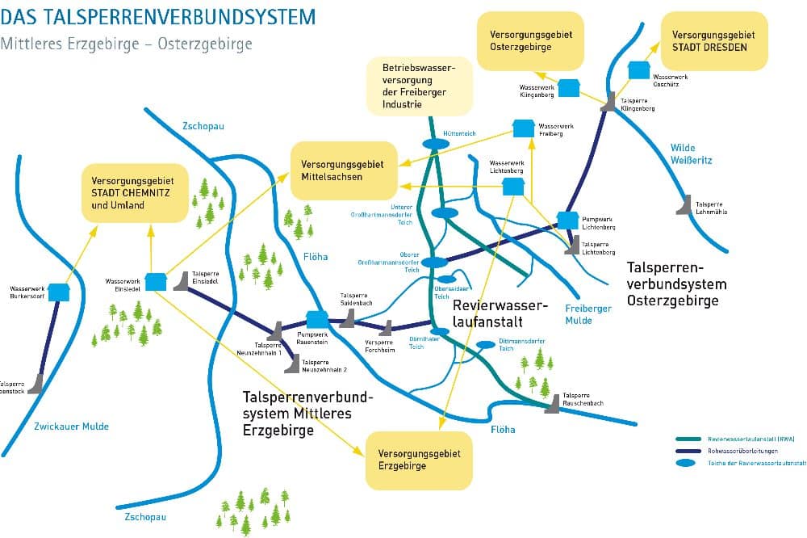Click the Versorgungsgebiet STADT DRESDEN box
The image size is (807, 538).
pyautogui.click(x=714, y=41)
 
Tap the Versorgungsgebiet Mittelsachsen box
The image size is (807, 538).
pyautogui.click(x=345, y=171)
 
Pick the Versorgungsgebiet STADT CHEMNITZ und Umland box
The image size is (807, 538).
pyautogui.click(x=135, y=193)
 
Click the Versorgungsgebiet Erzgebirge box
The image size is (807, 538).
pyautogui.click(x=418, y=460)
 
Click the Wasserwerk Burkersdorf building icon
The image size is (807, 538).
pyautogui.click(x=58, y=291)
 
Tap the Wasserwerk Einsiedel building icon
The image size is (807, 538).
pyautogui.click(x=155, y=281)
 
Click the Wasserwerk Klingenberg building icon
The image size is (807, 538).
pyautogui.click(x=569, y=87)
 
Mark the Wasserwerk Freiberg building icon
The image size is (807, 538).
pyautogui.click(x=524, y=128)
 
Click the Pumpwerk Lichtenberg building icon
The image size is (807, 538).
pyautogui.click(x=568, y=220)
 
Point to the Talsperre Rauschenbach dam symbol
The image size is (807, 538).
pyautogui.click(x=553, y=404)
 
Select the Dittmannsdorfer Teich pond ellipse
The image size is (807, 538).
pyautogui.click(x=486, y=345)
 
